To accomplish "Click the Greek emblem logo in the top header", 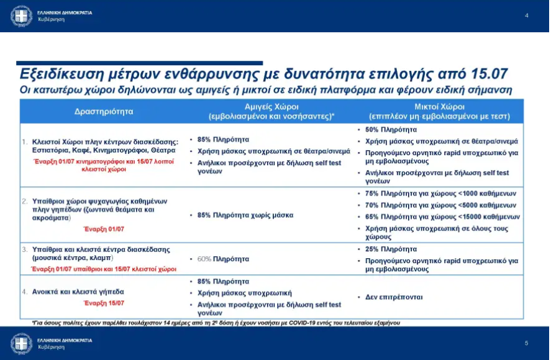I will tap(22, 16).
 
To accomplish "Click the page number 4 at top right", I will tap(527, 15).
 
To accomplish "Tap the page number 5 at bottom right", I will tap(526, 343).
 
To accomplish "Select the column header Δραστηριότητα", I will tap(104, 112).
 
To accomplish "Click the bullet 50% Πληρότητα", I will tap(391, 130).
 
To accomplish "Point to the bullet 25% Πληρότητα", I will tap(391, 249).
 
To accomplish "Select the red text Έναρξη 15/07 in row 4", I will tap(104, 303).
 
